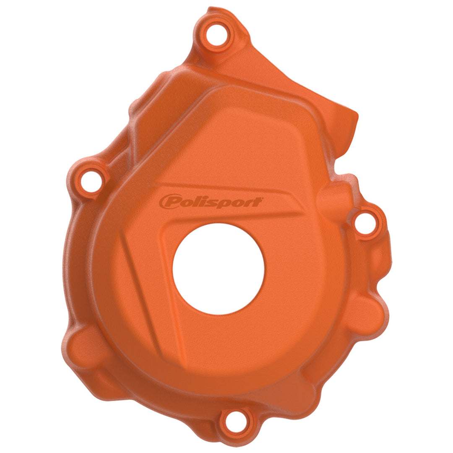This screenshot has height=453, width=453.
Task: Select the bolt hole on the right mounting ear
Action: tap(365, 223)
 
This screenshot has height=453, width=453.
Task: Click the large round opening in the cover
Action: tap(219, 269)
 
